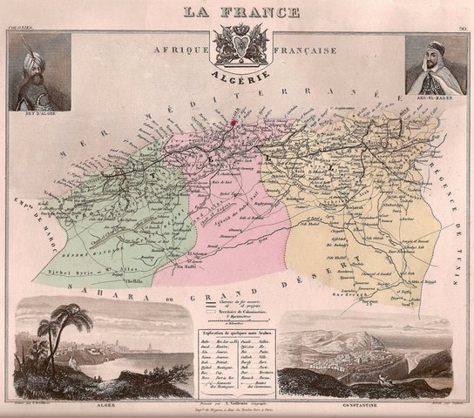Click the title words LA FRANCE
coord(240,12)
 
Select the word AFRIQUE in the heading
coord(180,51)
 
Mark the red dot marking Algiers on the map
coord(233,125)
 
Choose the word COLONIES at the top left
coord(19,28)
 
